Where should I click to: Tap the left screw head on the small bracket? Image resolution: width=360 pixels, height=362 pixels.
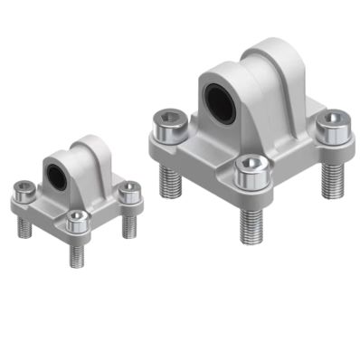click(25, 191)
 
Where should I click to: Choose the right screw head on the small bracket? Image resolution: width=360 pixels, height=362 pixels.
click(130, 191)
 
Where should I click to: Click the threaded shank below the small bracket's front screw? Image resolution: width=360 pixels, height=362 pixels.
click(77, 252)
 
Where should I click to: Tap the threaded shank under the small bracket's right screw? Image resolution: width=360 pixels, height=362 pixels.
click(132, 221)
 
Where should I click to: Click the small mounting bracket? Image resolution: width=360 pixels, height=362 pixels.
click(77, 195)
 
